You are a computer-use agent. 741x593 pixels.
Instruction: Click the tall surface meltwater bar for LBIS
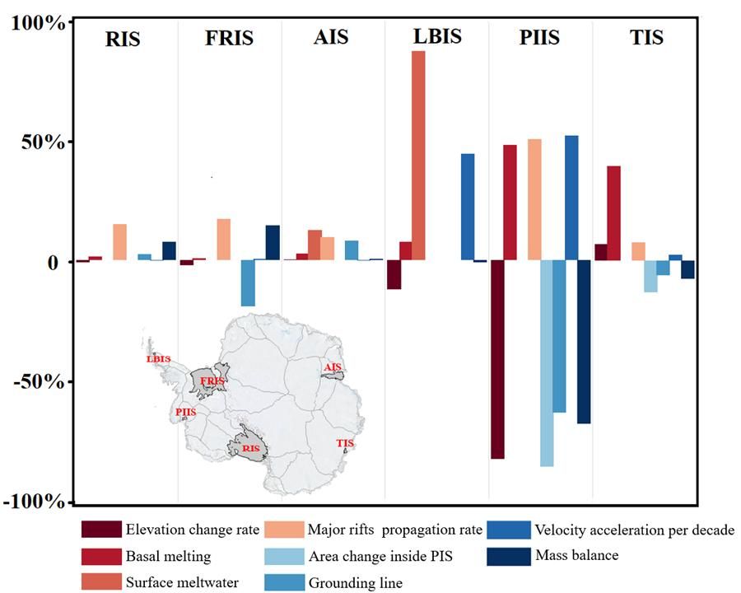pos(418,156)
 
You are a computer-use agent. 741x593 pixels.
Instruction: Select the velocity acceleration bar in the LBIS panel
pos(468,207)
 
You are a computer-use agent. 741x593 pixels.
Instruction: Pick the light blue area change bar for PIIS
pos(547,363)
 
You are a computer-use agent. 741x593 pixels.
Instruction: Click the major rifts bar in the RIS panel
pos(119,242)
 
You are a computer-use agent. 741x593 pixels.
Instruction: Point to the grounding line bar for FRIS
pos(248,282)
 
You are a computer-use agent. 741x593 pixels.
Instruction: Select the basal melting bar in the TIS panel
pos(613,213)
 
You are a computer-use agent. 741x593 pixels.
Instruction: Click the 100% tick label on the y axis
pos(38,22)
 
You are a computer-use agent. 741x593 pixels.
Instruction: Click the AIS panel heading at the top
pos(332,38)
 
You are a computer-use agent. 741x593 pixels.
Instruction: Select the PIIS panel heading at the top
pos(540,38)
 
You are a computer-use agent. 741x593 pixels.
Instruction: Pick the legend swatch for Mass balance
pos(506,556)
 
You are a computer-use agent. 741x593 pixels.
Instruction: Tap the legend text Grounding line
pos(355,583)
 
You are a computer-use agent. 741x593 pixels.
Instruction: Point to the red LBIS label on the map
pos(157,359)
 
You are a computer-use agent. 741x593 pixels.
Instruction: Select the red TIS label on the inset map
pos(345,444)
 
